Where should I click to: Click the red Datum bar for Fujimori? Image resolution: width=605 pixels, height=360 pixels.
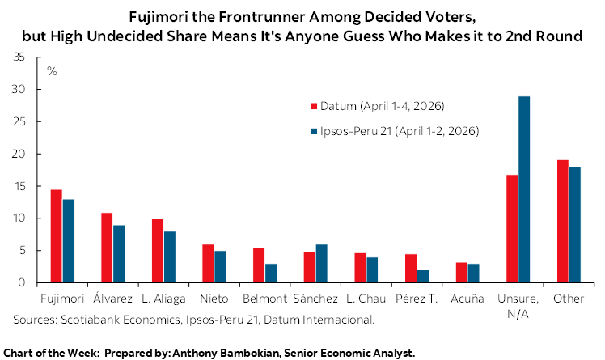(x=56, y=236)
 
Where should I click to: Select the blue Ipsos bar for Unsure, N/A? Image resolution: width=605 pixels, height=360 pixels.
(x=524, y=189)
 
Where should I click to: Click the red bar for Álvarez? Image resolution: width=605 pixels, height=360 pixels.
(x=106, y=248)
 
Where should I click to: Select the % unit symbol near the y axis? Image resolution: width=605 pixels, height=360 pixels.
(x=52, y=71)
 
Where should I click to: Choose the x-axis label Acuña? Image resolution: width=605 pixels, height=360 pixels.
(x=467, y=299)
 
